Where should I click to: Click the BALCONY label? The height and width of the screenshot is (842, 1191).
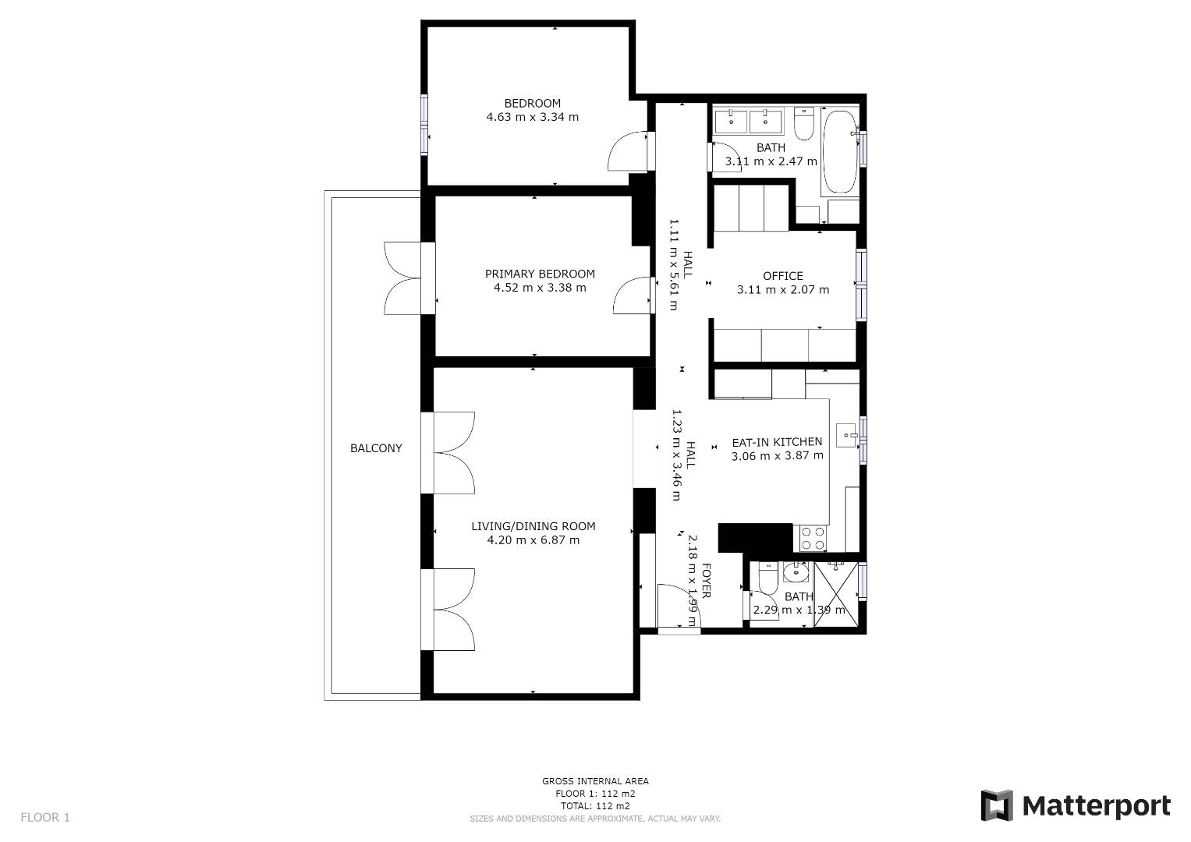(x=376, y=448)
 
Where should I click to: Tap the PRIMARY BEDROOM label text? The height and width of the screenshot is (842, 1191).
(x=540, y=274)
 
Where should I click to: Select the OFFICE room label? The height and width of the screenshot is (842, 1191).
(x=782, y=276)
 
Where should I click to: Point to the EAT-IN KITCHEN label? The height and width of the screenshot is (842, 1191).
(x=777, y=442)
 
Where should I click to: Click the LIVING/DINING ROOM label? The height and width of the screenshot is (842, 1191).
(x=533, y=526)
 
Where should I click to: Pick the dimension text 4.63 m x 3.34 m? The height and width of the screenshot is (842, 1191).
(x=532, y=117)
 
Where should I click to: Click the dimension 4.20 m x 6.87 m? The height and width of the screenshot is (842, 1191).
(x=533, y=540)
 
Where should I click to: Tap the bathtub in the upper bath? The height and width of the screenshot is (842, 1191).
(x=840, y=151)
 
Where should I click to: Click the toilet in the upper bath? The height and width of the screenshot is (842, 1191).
(x=804, y=124)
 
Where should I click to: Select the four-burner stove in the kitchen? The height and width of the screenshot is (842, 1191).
(x=813, y=538)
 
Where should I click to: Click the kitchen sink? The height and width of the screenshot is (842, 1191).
(x=846, y=435)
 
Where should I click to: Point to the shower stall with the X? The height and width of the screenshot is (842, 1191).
(x=836, y=594)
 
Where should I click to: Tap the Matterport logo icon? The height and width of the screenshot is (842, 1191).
(x=996, y=806)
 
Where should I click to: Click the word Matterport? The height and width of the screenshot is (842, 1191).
(x=1097, y=807)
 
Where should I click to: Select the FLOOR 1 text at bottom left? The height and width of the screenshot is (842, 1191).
(x=45, y=818)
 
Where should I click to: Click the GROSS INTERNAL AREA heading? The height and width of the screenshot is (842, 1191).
(x=595, y=781)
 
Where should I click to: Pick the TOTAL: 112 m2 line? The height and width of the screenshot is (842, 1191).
(x=595, y=806)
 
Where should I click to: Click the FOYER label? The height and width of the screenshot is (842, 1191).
(x=706, y=581)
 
